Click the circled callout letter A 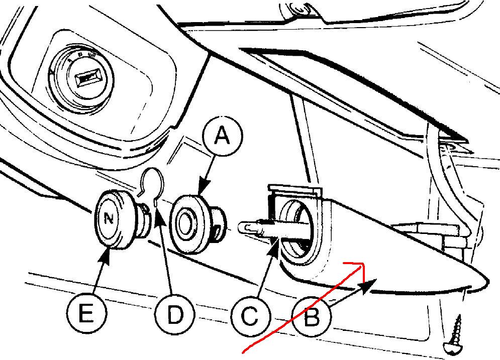(222, 137)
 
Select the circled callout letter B (312, 317)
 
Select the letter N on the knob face (109, 219)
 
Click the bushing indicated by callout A (197, 224)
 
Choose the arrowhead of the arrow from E (107, 256)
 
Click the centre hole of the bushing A (184, 224)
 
